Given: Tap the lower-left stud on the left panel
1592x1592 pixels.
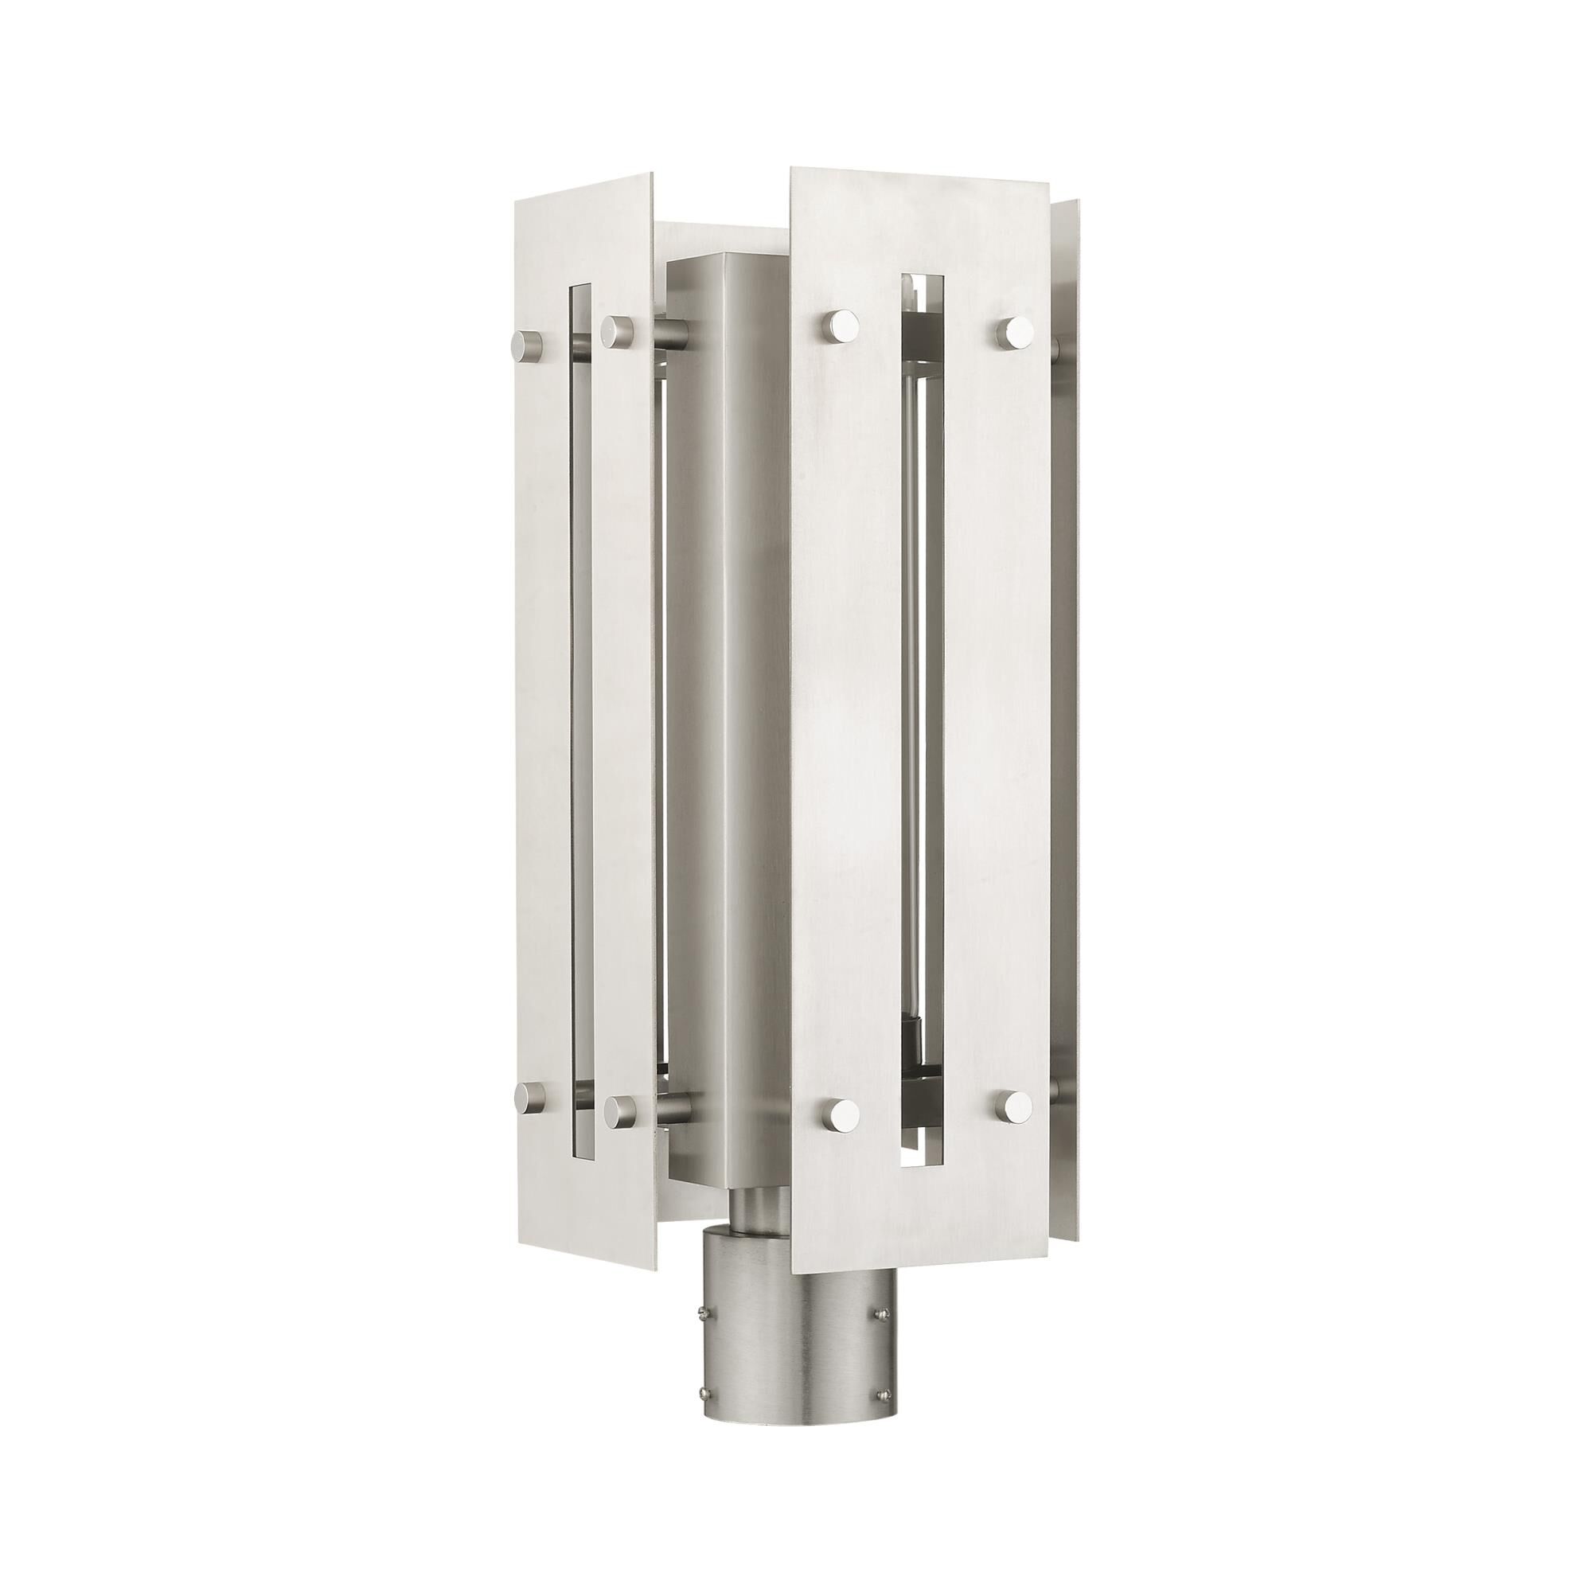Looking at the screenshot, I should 528,1097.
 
